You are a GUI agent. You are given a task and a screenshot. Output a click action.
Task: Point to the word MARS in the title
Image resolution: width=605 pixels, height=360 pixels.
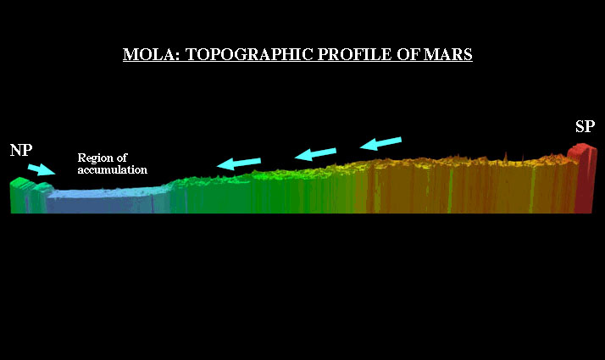448,54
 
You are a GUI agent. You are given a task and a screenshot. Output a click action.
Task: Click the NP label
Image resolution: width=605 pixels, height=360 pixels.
21,150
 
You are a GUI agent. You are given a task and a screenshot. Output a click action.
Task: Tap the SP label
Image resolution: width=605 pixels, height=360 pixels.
585,126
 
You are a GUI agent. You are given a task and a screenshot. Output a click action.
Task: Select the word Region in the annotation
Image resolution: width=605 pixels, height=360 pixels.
95,158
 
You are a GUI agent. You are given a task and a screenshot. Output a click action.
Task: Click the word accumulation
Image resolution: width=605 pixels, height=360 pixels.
113,169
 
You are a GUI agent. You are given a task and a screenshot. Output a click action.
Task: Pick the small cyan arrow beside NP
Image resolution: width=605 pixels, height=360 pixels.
42,169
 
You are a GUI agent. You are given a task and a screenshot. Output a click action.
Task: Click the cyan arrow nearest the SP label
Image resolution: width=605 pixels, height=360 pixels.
380,143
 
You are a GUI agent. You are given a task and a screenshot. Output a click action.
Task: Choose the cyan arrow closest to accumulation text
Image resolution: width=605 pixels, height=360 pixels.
239,163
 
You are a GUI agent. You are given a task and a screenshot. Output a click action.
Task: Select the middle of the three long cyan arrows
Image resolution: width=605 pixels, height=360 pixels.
315,153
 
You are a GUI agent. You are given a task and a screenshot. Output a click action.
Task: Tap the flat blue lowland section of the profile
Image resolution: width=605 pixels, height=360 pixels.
104,200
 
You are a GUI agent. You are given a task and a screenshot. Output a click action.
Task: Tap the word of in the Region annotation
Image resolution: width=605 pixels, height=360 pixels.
122,158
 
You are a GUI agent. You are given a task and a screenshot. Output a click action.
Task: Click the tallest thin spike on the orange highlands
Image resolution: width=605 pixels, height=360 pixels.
506,157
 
